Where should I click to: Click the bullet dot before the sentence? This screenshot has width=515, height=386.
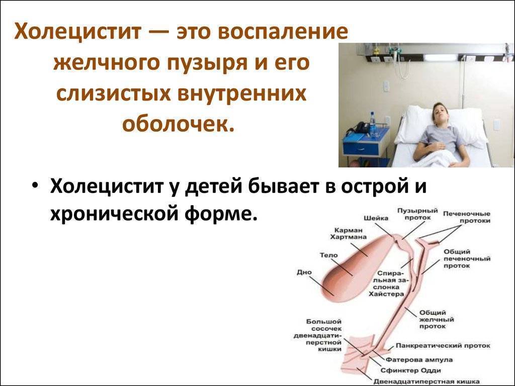click(x=34, y=185)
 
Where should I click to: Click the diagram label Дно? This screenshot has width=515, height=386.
click(x=304, y=272)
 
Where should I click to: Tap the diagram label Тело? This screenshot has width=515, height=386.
click(x=329, y=255)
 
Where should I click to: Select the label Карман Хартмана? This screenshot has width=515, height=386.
click(x=348, y=232)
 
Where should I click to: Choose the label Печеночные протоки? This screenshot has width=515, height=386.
click(x=466, y=217)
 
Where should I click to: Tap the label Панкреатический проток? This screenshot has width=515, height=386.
click(x=443, y=346)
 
